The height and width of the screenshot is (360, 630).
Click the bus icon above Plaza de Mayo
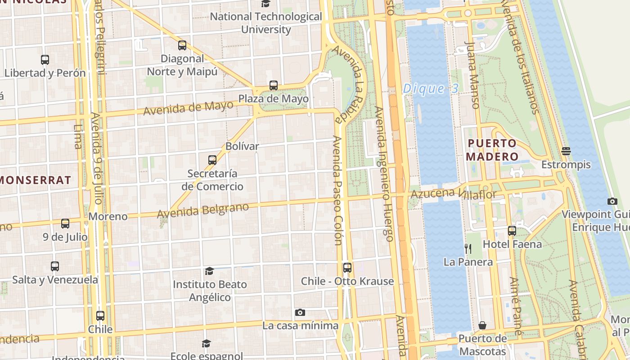[x=273, y=85]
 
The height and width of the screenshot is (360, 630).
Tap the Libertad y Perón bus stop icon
[x=45, y=59]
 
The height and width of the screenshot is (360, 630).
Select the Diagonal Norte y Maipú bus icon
[x=182, y=45]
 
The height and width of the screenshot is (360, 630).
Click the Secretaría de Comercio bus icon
[x=212, y=160]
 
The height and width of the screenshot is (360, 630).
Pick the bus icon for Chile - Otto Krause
[x=347, y=268]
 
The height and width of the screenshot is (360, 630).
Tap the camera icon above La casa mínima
[x=300, y=312]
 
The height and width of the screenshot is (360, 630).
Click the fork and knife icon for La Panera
[x=468, y=248]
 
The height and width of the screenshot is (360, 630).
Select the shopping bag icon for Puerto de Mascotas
[x=482, y=325]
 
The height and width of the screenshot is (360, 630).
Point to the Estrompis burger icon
[x=566, y=151]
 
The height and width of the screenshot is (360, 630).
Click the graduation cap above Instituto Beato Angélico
[x=209, y=271]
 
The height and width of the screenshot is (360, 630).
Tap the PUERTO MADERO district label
[x=492, y=150]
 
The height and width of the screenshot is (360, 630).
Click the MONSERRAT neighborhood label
[x=35, y=180]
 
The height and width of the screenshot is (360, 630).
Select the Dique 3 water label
[x=430, y=89]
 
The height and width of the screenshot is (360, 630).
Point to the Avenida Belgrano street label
[x=203, y=211]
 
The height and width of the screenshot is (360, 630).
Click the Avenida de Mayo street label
[x=188, y=108]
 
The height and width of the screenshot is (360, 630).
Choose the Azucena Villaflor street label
[x=453, y=194]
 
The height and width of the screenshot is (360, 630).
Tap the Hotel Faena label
[x=512, y=244]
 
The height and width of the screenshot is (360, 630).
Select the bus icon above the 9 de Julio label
[x=65, y=223]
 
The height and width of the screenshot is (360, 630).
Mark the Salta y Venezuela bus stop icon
[x=55, y=266]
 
